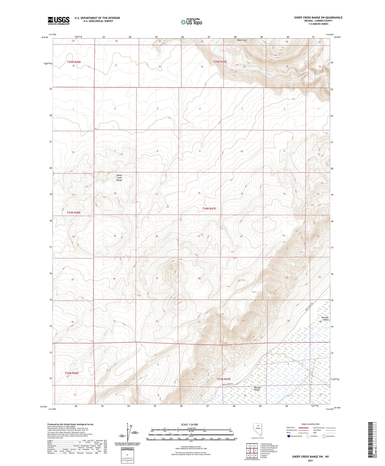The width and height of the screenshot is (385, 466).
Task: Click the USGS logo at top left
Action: pyautogui.click(x=59, y=21)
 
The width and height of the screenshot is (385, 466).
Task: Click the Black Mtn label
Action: pyautogui.click(x=242, y=40)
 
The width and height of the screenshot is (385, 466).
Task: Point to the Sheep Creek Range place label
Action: pyautogui.click(x=119, y=178)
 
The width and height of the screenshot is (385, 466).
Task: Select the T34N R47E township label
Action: pyautogui.click(x=209, y=209)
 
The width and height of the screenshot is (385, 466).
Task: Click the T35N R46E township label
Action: pyautogui.click(x=74, y=62)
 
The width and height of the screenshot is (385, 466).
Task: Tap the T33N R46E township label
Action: pyautogui.click(x=72, y=373)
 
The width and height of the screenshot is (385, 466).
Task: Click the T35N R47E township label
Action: pyautogui.click(x=220, y=62)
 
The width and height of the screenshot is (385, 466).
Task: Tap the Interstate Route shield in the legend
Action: pyautogui.click(x=289, y=436)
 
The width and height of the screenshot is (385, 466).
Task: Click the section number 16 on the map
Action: pyautogui.click(x=199, y=193)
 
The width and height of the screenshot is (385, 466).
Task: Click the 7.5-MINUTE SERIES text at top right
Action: pyautogui.click(x=318, y=24)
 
